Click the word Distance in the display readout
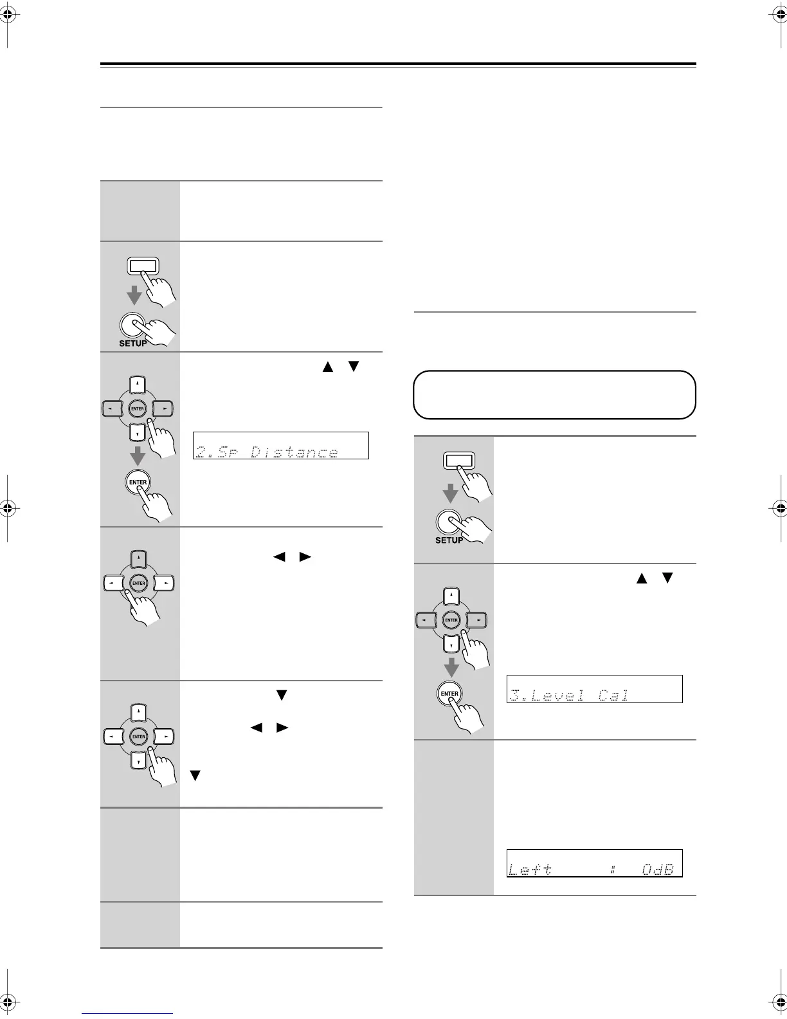[x=294, y=452]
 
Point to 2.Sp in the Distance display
[x=215, y=452]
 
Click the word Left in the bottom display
[x=530, y=869]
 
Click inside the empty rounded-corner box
[x=554, y=395]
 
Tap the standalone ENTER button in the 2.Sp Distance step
[x=138, y=482]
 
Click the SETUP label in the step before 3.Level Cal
[x=449, y=540]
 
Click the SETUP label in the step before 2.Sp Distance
[x=133, y=344]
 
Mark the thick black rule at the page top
[x=398, y=64]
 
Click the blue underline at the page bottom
[x=127, y=1014]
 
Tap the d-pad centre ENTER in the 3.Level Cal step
[x=451, y=620]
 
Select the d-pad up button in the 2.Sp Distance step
[x=138, y=385]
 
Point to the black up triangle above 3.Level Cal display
[x=640, y=578]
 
